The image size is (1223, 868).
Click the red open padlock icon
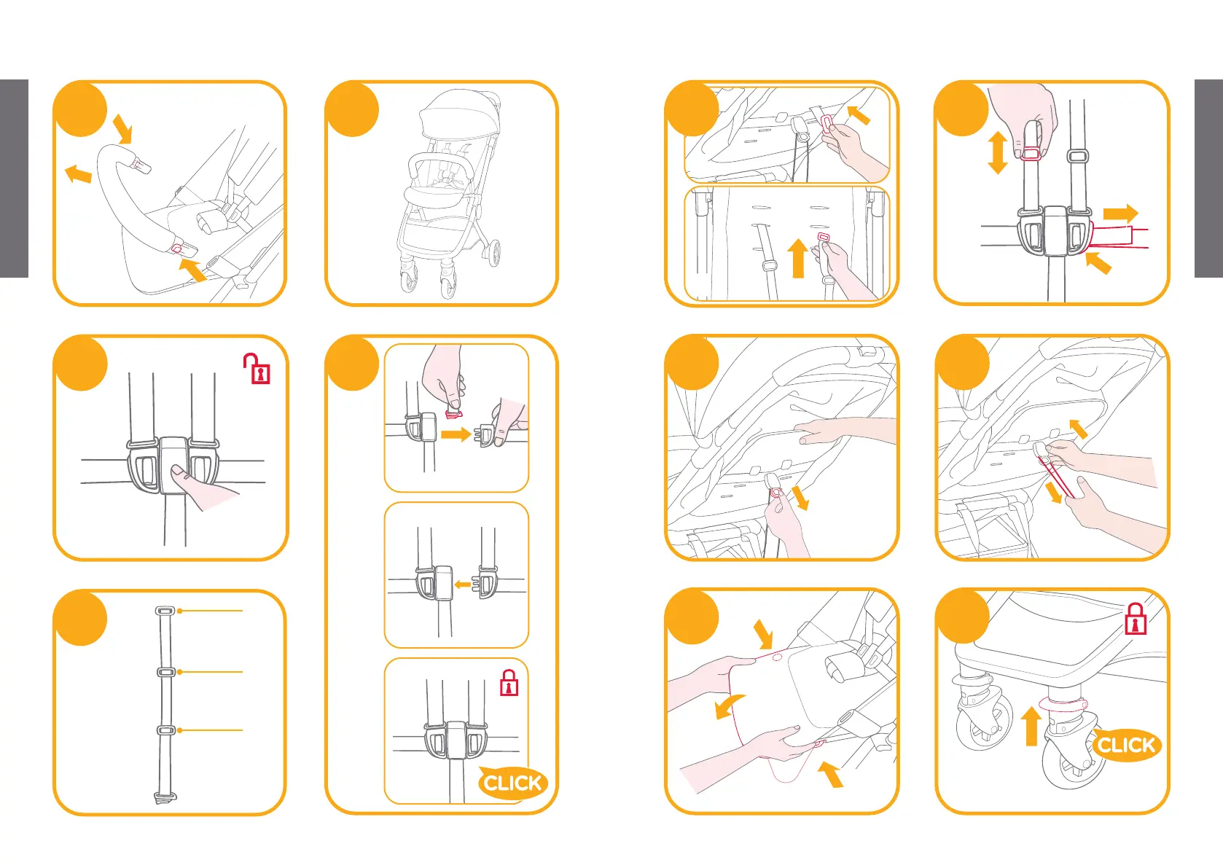click(257, 369)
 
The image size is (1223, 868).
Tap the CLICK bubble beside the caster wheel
click(1126, 745)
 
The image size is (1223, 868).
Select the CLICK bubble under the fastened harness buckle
click(512, 783)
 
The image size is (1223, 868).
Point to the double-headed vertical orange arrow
click(998, 152)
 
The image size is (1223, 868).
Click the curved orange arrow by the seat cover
click(729, 706)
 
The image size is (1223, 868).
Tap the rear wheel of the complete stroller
click(493, 254)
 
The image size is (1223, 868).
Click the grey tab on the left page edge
click(14, 179)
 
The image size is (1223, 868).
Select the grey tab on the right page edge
click(1208, 179)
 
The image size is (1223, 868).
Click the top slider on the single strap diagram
click(165, 611)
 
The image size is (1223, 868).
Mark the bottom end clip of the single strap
click(165, 797)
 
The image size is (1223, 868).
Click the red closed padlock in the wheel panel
click(1135, 619)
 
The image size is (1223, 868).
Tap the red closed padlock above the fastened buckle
click(509, 682)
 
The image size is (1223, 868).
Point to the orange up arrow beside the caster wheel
click(1031, 725)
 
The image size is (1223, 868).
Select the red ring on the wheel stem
click(1063, 705)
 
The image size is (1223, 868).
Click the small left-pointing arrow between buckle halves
click(462, 584)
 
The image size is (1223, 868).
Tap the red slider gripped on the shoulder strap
click(1030, 154)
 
